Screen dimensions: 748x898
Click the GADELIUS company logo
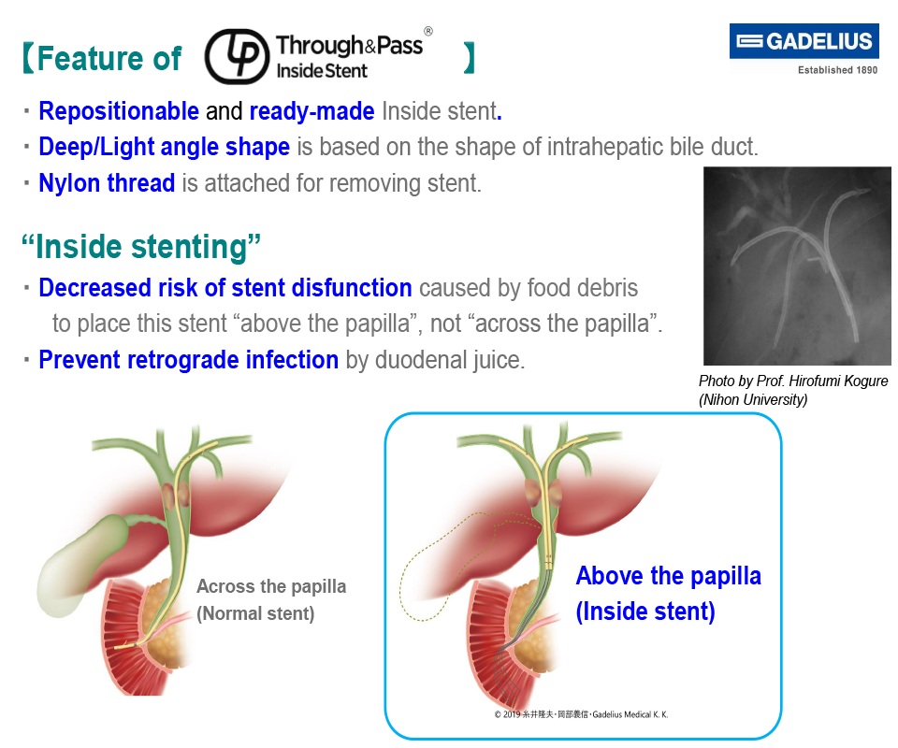coord(804,42)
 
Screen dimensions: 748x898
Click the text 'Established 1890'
coord(837,70)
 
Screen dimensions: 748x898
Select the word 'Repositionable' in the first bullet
coord(119,112)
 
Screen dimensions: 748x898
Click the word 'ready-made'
coord(311,112)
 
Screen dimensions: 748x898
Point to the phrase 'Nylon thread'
coord(107,183)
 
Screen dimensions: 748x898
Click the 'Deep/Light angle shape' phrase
coord(164,148)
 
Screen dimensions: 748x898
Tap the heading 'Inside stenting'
coord(140,247)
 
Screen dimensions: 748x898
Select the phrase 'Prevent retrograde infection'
coord(188,360)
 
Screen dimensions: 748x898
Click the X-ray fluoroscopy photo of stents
coord(796,266)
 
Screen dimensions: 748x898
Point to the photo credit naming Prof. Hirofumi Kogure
coord(793,381)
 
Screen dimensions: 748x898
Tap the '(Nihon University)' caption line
coord(752,399)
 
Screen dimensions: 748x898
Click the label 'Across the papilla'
coord(271,587)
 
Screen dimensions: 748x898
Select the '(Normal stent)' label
coord(255,614)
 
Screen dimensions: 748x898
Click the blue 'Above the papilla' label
coord(668,576)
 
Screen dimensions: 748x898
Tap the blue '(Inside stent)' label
coord(645,612)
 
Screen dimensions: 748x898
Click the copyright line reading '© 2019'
coord(581,714)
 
